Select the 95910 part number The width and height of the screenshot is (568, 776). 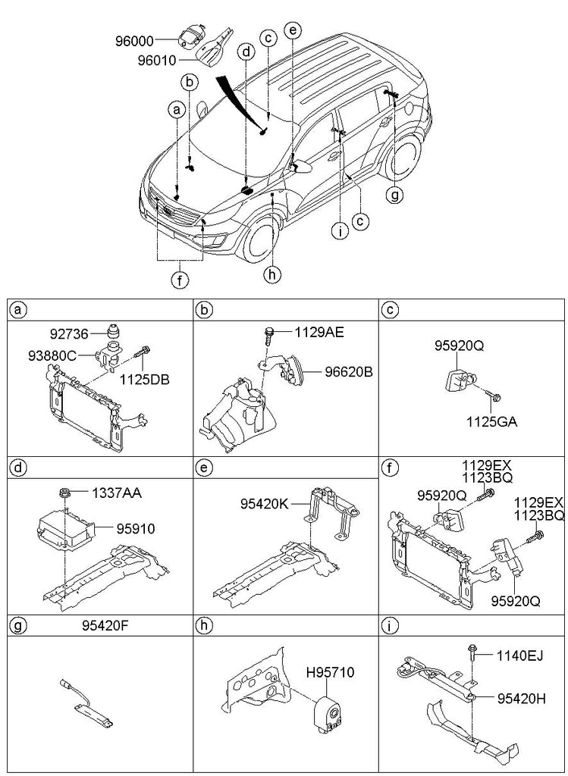coord(135,529)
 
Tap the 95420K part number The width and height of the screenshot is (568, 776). coord(264,501)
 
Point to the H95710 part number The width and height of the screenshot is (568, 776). coord(331,671)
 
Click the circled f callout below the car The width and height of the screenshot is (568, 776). coord(179,281)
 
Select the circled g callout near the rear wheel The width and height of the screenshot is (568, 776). coord(395,196)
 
